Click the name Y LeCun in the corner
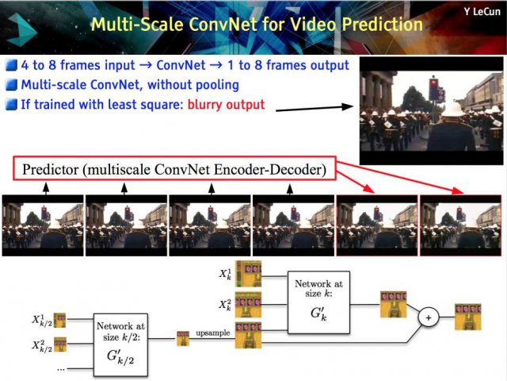pos(482,12)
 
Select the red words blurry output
pos(226,105)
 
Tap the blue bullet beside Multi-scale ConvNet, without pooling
pos(11,85)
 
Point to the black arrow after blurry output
pos(314,108)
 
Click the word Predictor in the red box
pos(51,169)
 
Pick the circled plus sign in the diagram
pos(429,317)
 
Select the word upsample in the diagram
pos(213,333)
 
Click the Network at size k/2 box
pos(120,344)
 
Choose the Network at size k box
pos(318,302)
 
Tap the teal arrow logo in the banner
pos(22,30)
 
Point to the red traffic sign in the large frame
pos(433,88)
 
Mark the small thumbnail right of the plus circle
pos(468,317)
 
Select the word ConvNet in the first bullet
pos(181,65)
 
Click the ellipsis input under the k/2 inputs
pos(61,368)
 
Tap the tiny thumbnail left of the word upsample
pos(183,339)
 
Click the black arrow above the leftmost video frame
pos(46,189)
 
